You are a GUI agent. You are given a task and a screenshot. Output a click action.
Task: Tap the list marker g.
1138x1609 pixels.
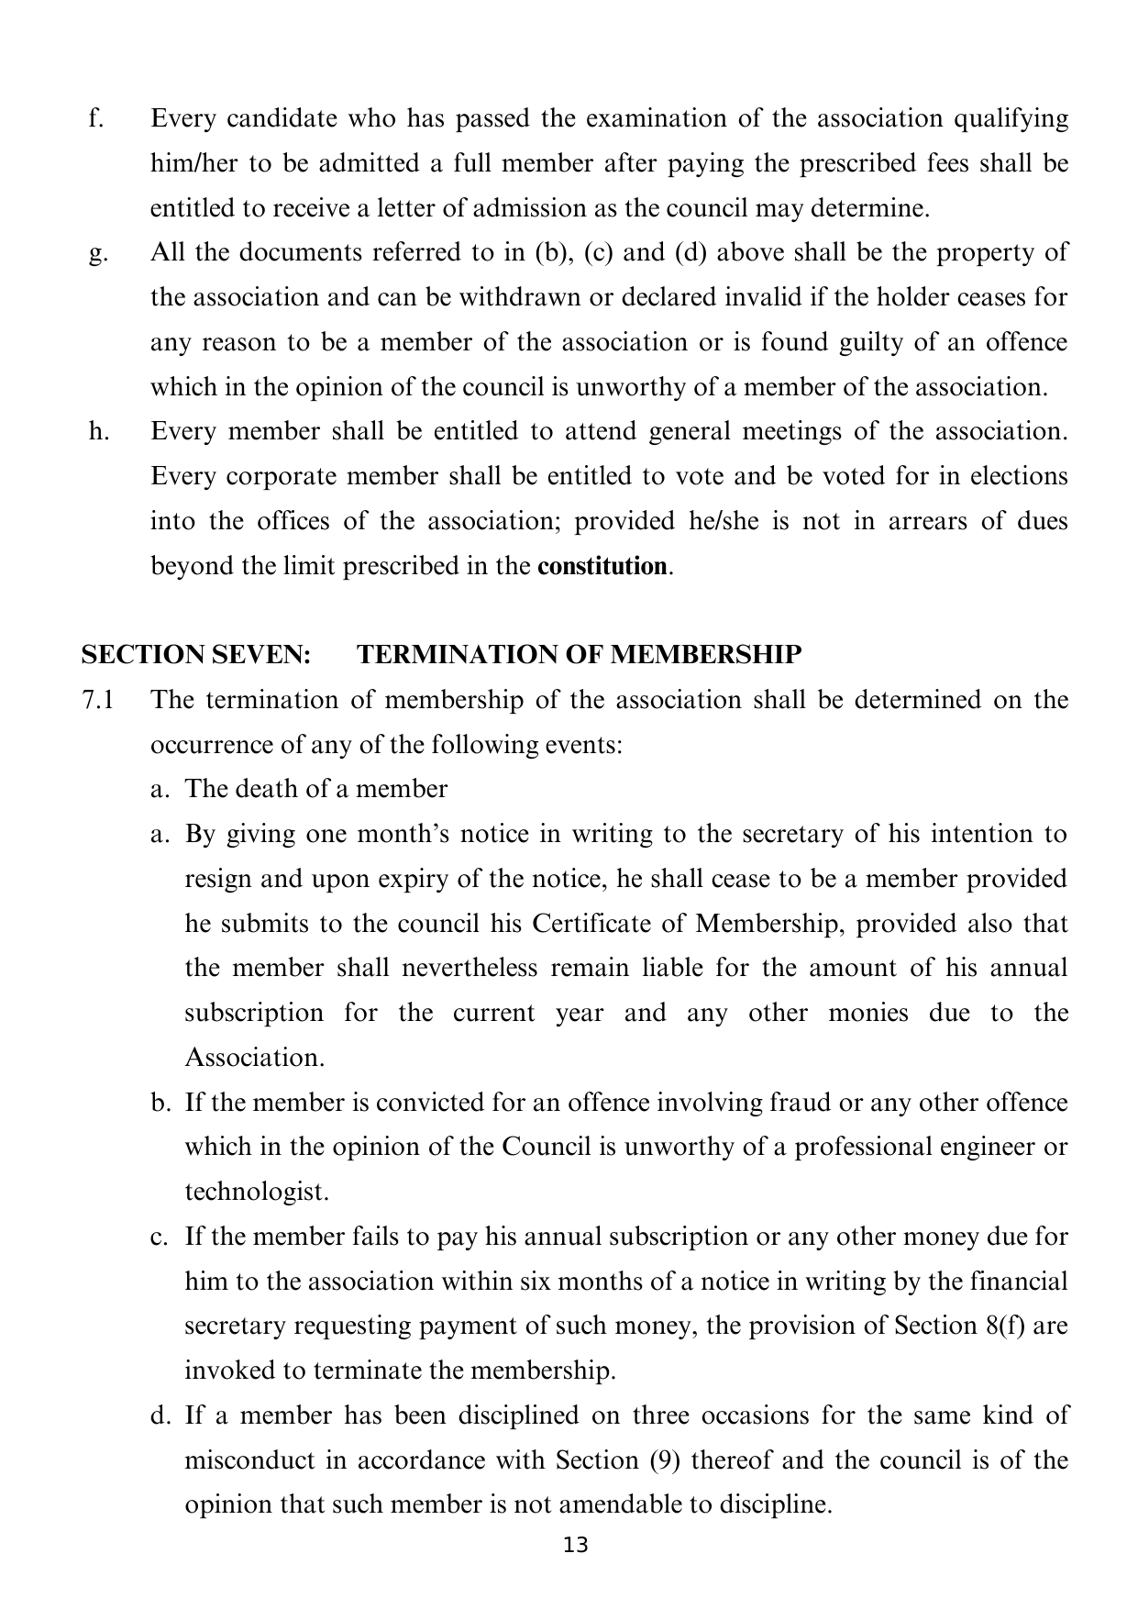[97, 254]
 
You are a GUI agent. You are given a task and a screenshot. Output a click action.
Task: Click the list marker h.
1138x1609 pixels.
[98, 432]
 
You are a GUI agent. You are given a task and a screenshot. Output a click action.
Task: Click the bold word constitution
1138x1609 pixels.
[602, 567]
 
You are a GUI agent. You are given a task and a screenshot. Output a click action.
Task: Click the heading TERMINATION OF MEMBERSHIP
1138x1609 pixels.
[579, 655]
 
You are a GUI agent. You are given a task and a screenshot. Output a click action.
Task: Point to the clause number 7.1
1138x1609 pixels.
[98, 701]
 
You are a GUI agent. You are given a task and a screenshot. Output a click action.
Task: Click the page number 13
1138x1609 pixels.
[576, 1546]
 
